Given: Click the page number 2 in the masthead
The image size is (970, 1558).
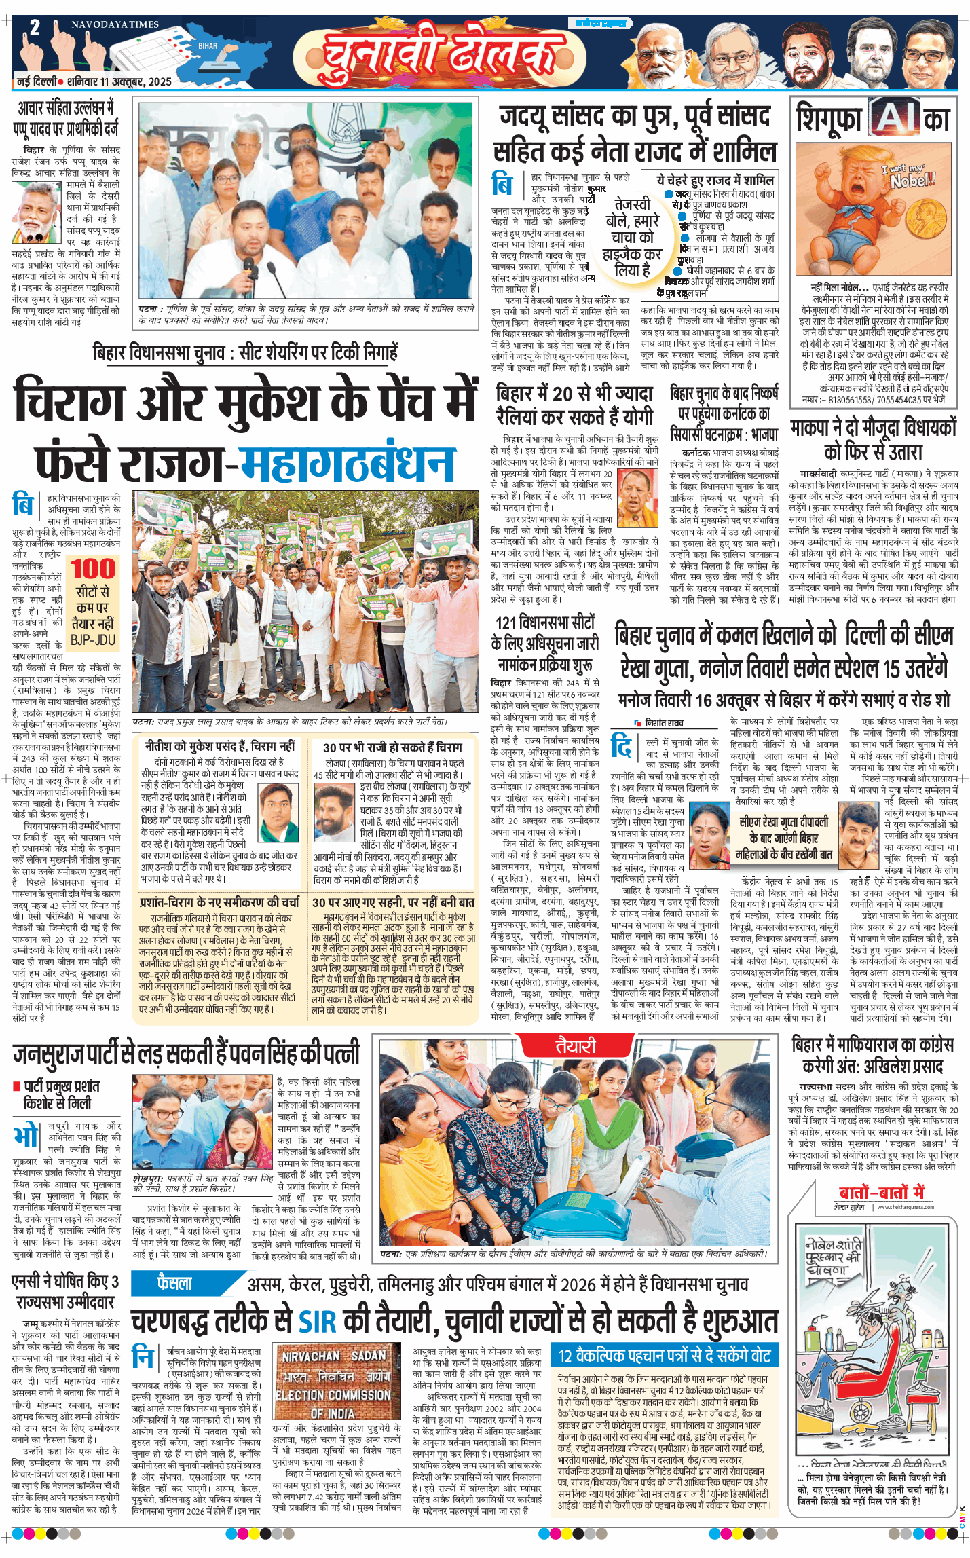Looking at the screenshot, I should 35,28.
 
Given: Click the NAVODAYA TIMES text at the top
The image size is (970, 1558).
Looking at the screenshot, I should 115,24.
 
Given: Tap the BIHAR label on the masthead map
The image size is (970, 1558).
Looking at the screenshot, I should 208,46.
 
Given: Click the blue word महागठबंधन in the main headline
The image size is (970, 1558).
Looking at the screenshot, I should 348,464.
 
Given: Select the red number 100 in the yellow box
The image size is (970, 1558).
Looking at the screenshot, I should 94,568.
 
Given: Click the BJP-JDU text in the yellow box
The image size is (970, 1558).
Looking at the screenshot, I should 94,639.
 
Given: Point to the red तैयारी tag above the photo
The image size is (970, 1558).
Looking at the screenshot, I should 576,1046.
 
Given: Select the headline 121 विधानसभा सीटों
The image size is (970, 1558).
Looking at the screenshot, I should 544,623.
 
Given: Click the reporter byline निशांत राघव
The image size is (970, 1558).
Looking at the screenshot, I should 663,723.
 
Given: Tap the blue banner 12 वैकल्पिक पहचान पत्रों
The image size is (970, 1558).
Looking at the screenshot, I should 664,1356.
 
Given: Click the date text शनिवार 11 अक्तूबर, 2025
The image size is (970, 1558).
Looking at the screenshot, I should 119,81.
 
